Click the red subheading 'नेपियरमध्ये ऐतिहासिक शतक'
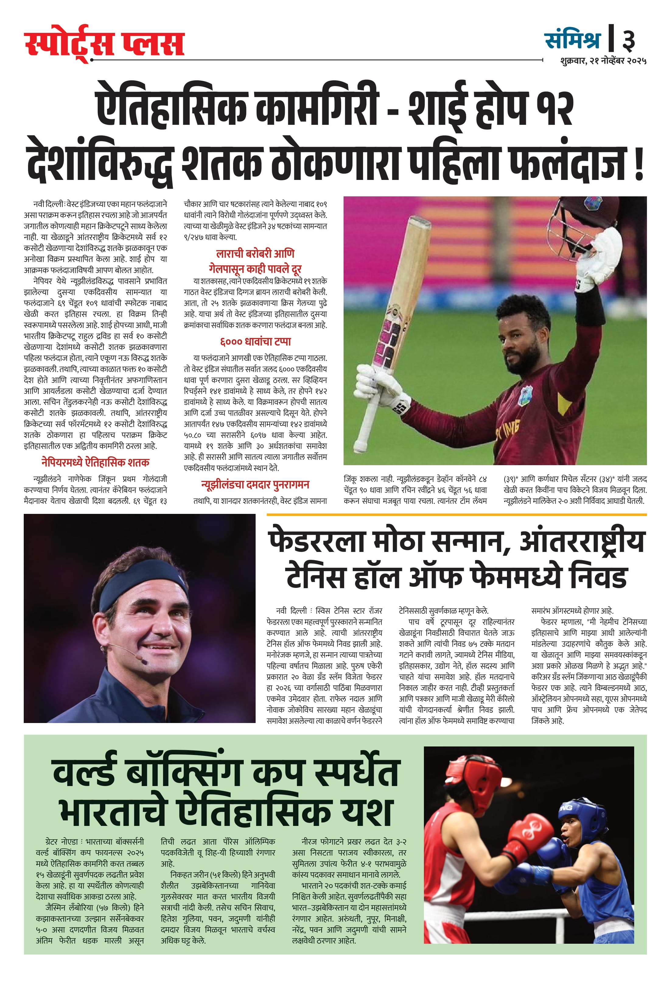click(95, 462)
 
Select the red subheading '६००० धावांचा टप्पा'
click(255, 342)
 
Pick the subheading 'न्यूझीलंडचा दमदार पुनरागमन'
click(255, 485)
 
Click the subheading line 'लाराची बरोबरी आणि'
click(255, 254)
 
